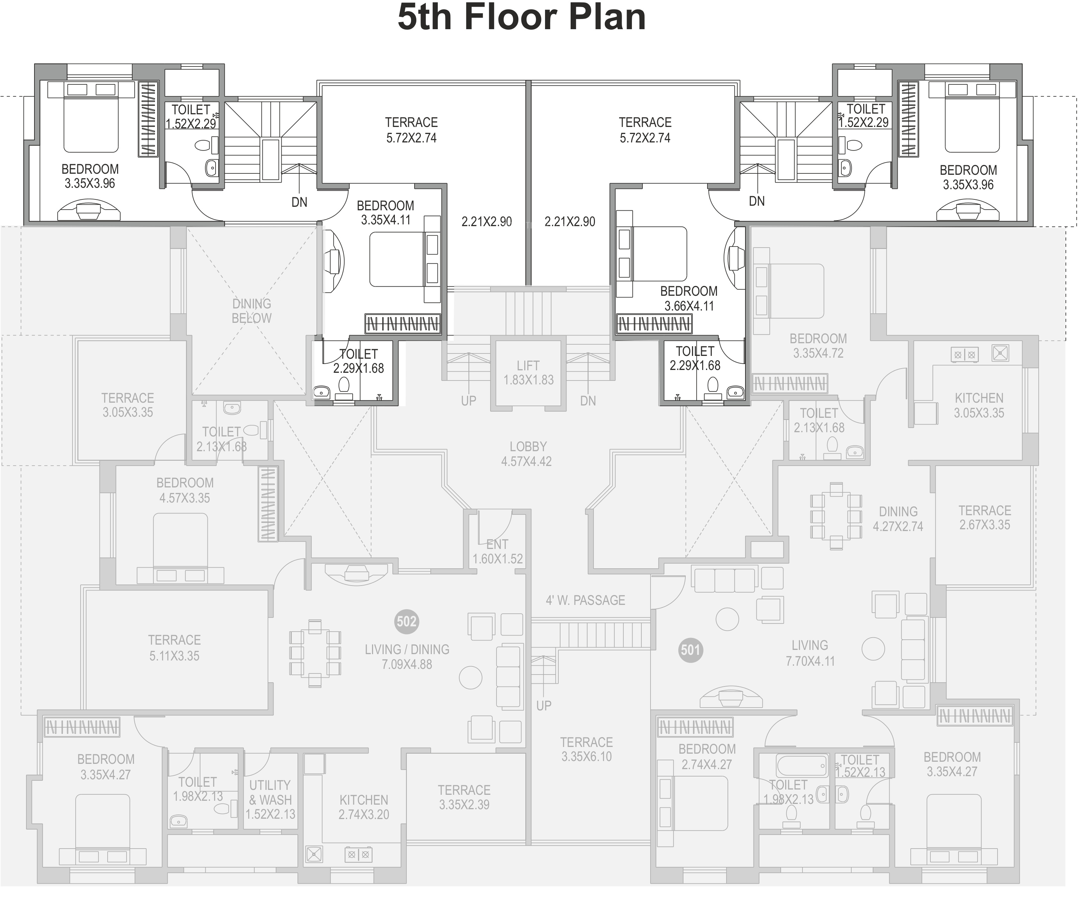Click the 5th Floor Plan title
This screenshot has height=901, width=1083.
pos(521,18)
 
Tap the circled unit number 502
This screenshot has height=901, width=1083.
pos(406,621)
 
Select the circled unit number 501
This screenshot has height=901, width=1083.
pos(690,650)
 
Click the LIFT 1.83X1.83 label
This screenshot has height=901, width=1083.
pos(528,373)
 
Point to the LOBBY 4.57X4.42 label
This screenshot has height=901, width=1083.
pos(527,454)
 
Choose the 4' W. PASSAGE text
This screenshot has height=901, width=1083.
pos(585,600)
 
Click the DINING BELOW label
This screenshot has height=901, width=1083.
pos(252,311)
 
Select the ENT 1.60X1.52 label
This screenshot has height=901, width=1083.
pos(498,551)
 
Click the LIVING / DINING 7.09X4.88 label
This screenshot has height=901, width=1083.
pos(407,657)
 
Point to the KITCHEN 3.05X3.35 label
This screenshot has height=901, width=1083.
pos(979,405)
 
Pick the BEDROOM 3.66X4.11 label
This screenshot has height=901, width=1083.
pos(689,299)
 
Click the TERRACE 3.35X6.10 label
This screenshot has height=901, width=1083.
pos(587,749)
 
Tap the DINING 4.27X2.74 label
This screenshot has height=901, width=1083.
pos(898,519)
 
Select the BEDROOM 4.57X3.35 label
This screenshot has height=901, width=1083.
pos(185,491)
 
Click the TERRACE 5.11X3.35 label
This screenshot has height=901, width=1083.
pos(174,648)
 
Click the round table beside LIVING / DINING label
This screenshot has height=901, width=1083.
pos(470,677)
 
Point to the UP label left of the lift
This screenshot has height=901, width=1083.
pos(468,401)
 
